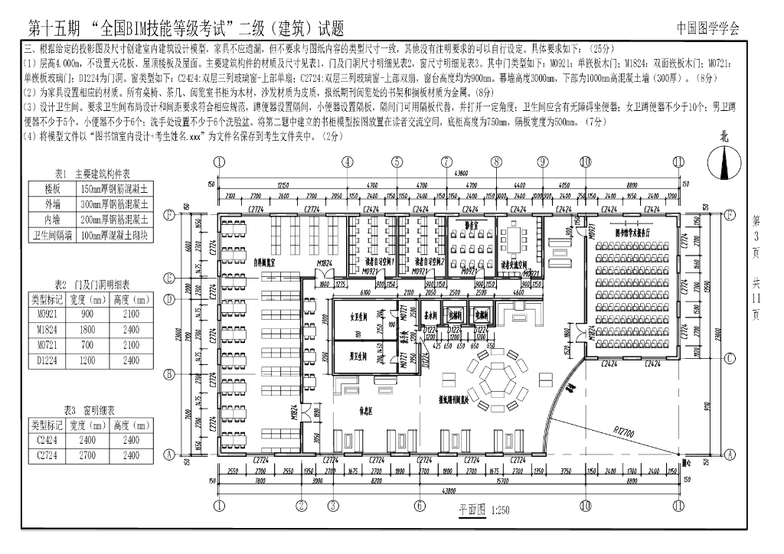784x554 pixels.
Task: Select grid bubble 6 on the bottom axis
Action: point(420,506)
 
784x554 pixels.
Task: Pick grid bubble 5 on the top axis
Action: point(397,162)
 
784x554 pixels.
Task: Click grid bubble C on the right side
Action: point(730,357)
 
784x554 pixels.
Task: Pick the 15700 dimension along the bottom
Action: point(502,481)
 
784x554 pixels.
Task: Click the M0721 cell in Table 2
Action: point(44,345)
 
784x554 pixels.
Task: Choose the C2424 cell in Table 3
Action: point(44,440)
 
